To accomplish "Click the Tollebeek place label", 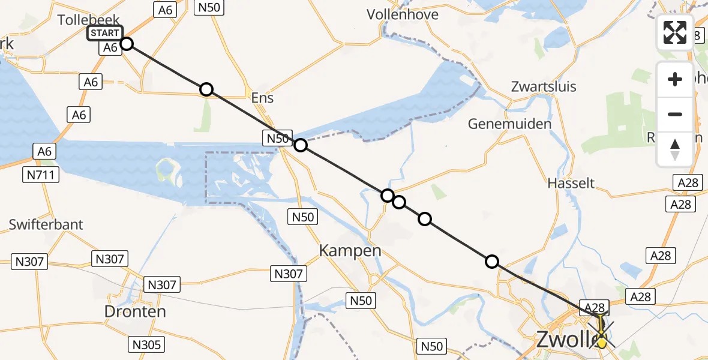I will click(x=89, y=20).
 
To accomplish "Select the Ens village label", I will click(x=262, y=97).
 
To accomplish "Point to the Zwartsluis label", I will click(x=544, y=86).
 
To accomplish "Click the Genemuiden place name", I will click(x=509, y=124).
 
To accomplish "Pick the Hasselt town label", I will click(x=571, y=182).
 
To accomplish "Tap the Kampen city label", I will click(x=350, y=250).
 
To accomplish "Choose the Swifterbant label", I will click(x=46, y=224).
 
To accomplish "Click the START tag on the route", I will click(x=104, y=33).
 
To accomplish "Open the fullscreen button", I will click(x=675, y=32).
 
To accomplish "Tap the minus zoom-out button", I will click(x=675, y=114).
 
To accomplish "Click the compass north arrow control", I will click(x=675, y=148).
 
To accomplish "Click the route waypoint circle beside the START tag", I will click(x=126, y=43).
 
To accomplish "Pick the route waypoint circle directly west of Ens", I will click(x=206, y=89).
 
